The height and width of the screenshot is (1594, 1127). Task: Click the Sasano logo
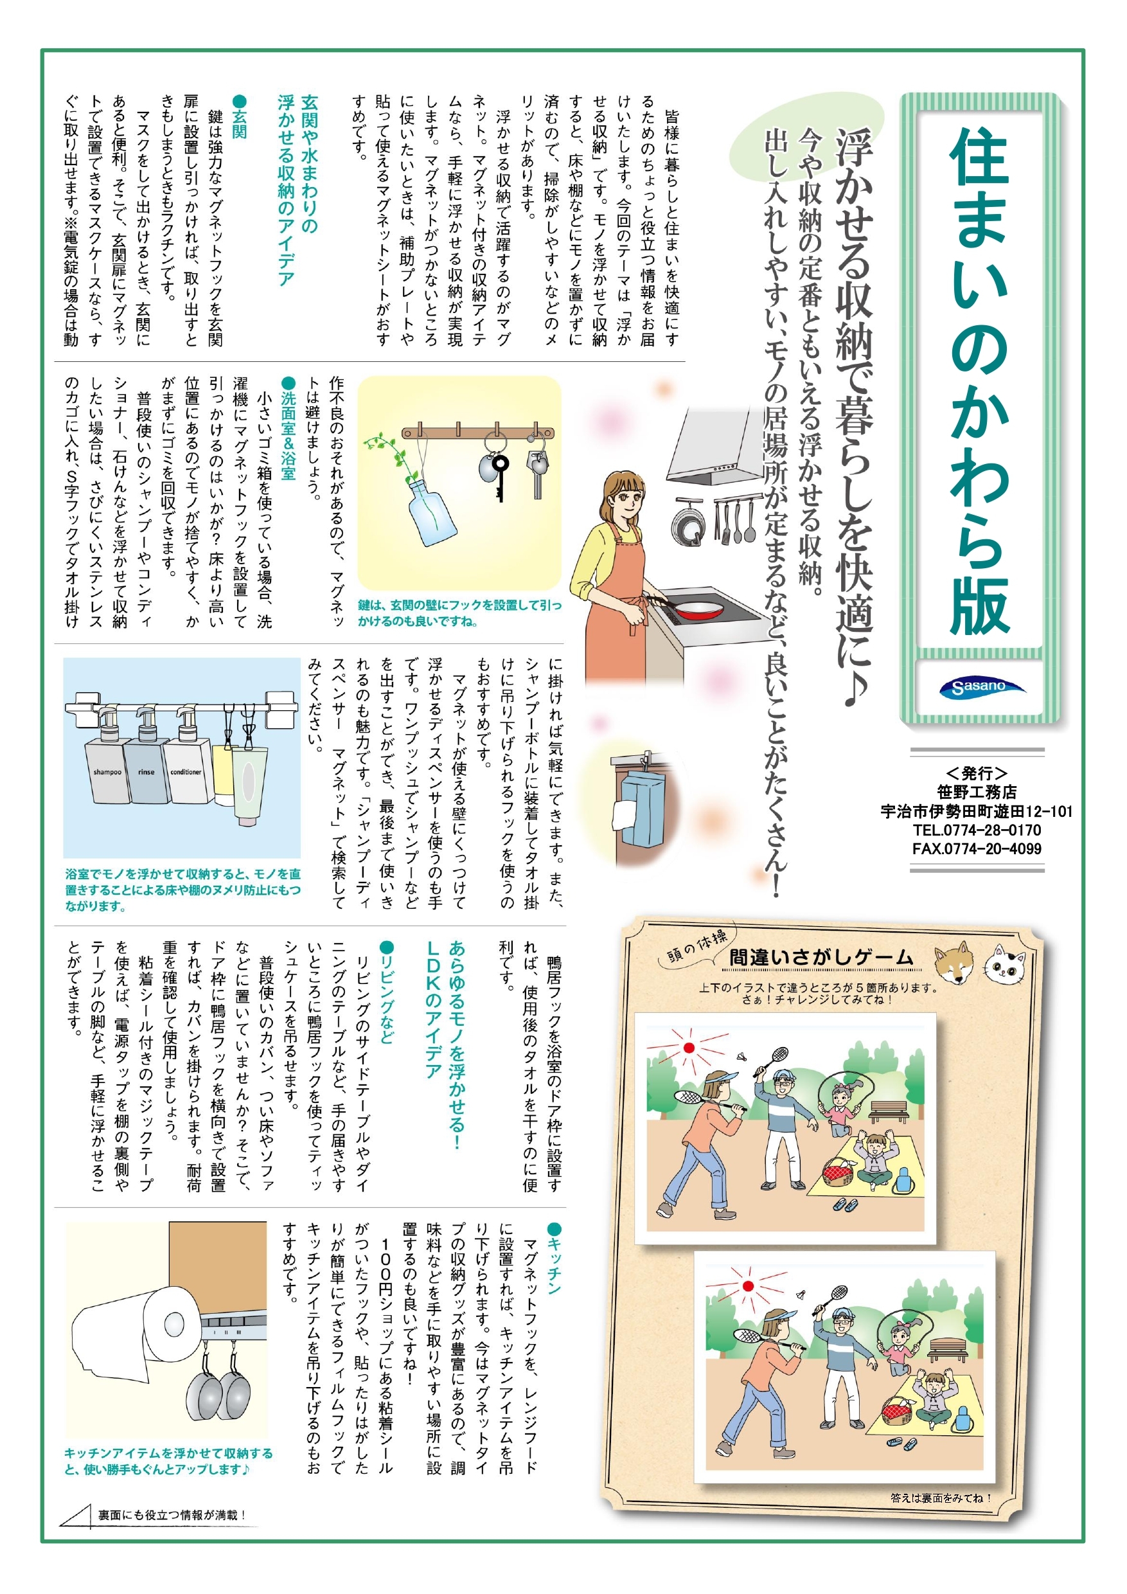[x=981, y=686]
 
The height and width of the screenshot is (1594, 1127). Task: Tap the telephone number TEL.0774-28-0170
[x=977, y=830]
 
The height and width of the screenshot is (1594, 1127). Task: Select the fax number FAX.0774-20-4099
[x=977, y=848]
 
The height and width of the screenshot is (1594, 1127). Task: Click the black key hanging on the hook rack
[x=500, y=476]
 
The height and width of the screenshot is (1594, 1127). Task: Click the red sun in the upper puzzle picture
[x=688, y=1048]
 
